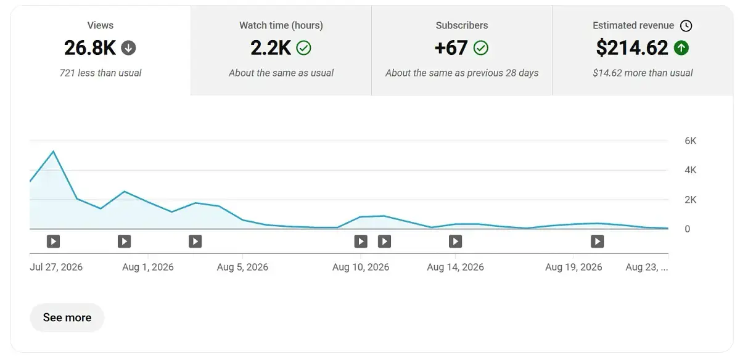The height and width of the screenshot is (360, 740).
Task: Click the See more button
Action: point(67,317)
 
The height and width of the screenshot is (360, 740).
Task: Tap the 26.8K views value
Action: point(90,48)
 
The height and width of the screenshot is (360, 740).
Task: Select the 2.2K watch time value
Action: point(271,48)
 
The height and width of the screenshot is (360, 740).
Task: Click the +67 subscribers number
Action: point(451,48)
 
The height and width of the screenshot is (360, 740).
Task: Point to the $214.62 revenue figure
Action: point(632,48)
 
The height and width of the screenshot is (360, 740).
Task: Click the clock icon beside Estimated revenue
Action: point(686,26)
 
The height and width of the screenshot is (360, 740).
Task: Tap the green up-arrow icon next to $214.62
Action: point(681,48)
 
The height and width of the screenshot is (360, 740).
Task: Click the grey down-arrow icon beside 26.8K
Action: point(128,48)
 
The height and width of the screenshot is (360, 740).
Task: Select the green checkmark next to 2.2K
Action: point(303,48)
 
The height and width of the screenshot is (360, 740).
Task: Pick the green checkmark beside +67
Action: point(480,48)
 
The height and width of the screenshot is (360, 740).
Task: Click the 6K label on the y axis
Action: point(690,141)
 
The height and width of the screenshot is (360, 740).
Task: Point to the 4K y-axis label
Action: point(690,170)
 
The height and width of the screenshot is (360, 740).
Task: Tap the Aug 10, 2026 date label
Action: point(361,267)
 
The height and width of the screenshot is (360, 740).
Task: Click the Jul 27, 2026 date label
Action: point(56,267)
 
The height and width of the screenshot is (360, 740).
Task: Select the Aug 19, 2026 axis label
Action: point(573,267)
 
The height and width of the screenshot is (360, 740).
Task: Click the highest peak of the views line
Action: point(54,151)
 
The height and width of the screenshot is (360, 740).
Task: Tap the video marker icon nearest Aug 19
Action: point(598,242)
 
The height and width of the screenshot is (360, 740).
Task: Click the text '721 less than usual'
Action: point(101,73)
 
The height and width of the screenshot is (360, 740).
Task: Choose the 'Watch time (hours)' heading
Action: point(281,25)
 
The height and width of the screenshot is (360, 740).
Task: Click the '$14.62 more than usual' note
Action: point(643,73)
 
